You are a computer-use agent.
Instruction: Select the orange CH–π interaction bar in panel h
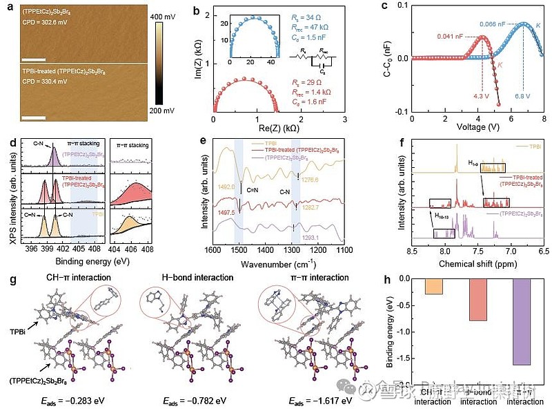click(434, 285)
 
